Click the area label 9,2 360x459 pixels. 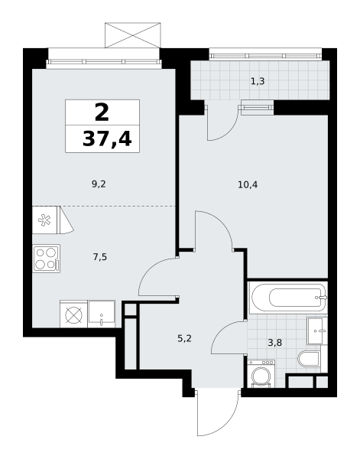[99, 184]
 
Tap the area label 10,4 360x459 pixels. [248, 185]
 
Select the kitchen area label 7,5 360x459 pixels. [99, 257]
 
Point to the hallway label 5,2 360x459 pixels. [184, 339]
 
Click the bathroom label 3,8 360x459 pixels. [275, 343]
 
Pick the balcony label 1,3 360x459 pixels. [258, 81]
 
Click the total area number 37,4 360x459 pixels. [107, 138]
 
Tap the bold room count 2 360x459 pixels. [102, 112]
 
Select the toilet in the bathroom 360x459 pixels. [309, 359]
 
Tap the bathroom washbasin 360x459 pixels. [317, 330]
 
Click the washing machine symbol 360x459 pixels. [261, 374]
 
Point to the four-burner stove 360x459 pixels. [47, 259]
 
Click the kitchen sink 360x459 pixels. [102, 314]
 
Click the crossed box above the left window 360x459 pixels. [133, 35]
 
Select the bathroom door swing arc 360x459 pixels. [222, 330]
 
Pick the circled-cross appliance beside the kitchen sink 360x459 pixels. [73, 315]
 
